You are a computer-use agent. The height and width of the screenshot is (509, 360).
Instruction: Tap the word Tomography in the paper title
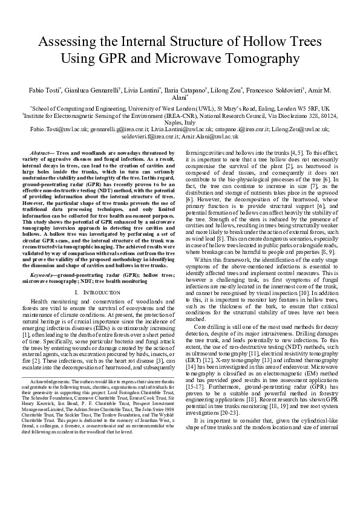264,59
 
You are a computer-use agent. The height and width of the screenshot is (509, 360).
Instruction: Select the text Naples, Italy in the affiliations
180,122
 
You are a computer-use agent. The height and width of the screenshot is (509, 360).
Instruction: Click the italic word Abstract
40,154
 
